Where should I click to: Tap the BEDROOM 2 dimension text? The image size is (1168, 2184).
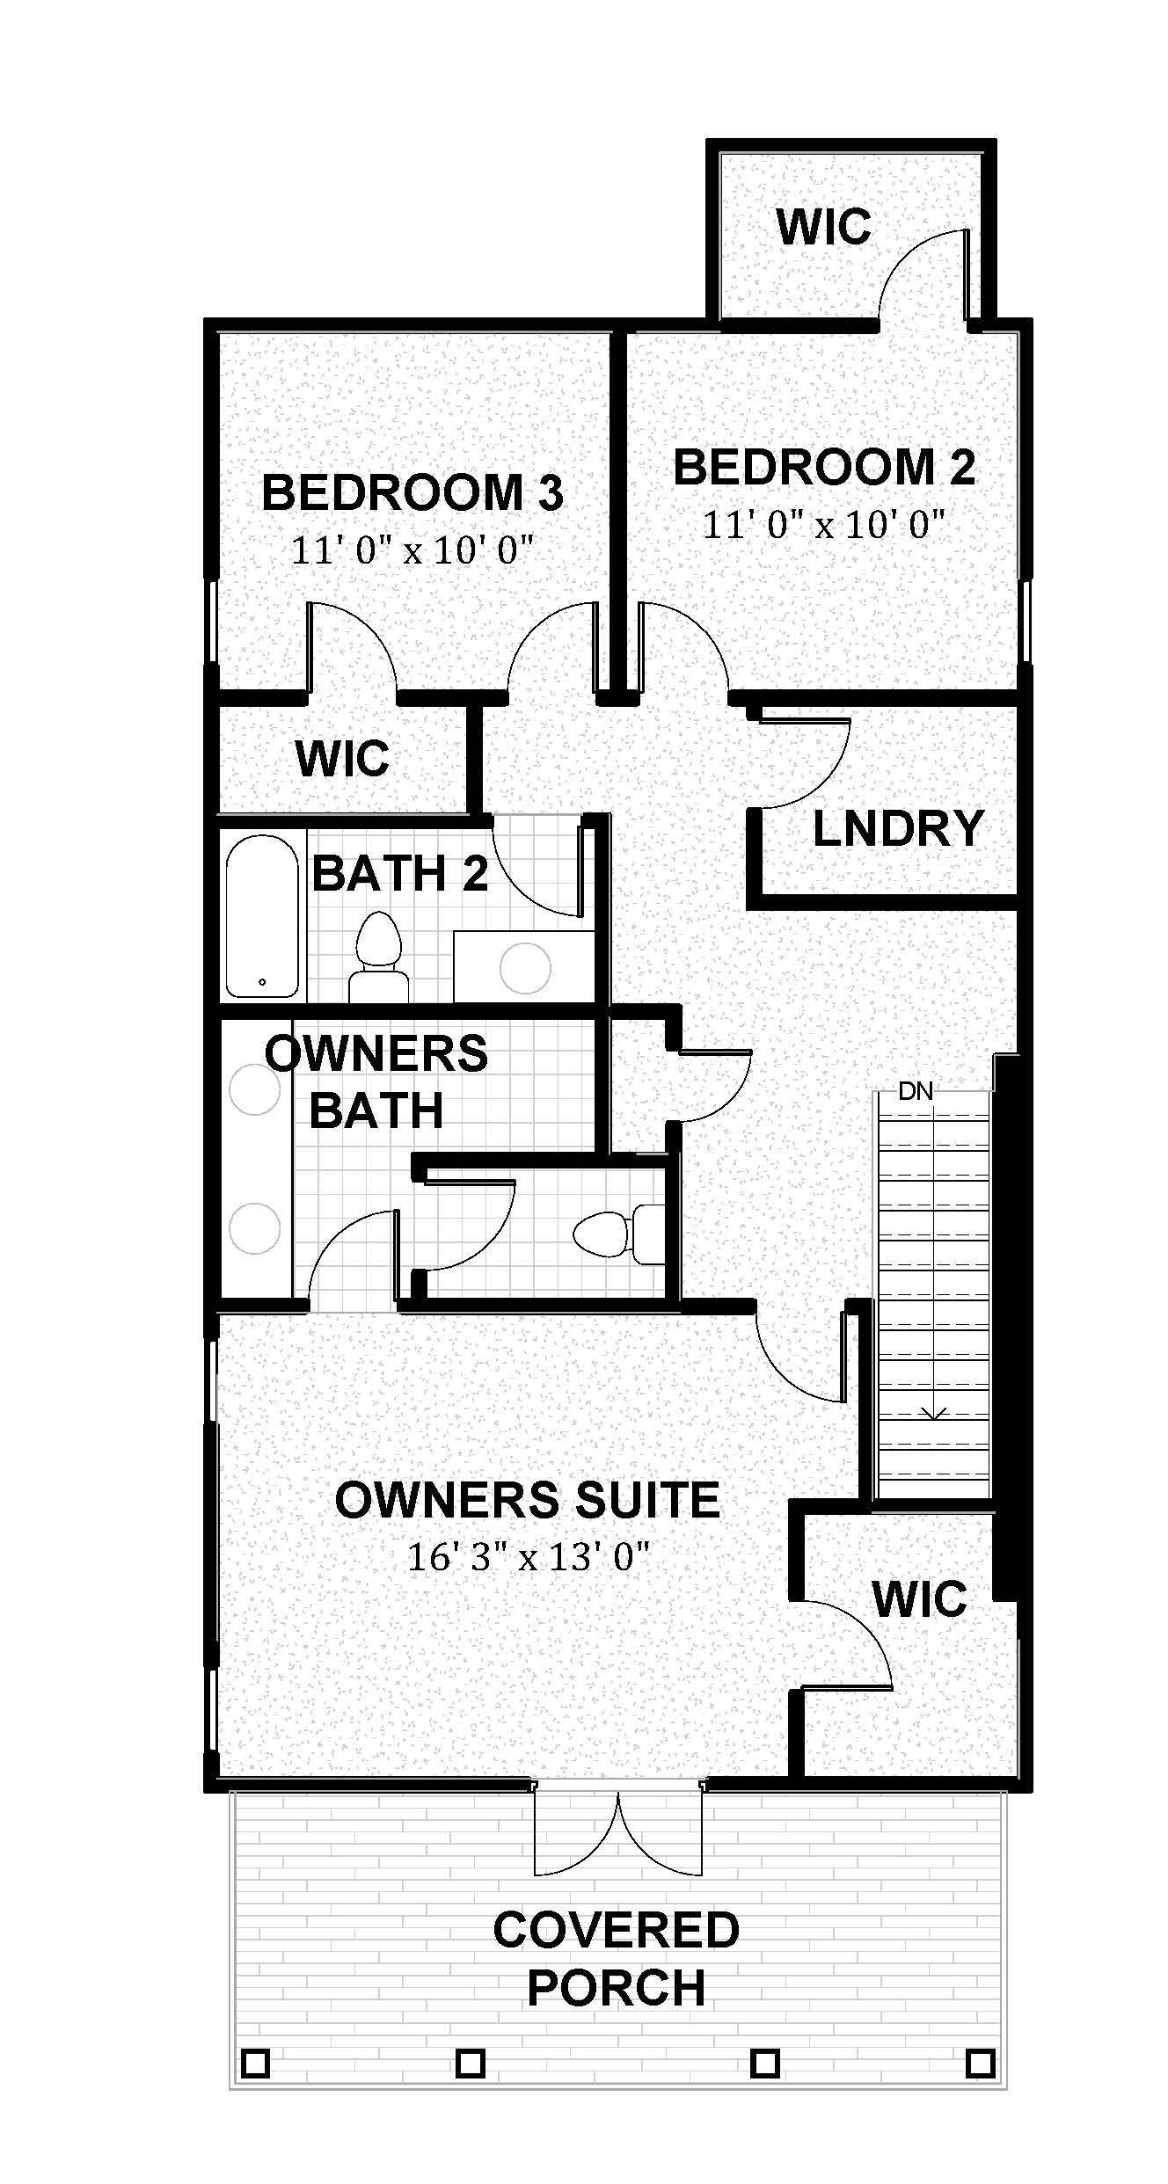[823, 526]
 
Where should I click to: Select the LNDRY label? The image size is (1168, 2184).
[897, 828]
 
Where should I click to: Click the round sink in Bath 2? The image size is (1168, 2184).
[525, 968]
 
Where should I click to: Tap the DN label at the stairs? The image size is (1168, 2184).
[916, 1092]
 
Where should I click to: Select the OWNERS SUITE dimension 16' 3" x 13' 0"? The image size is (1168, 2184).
[528, 1558]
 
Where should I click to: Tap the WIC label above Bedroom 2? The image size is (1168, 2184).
[823, 227]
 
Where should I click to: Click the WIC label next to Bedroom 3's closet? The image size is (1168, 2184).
[342, 759]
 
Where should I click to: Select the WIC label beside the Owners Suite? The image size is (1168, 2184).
[919, 1598]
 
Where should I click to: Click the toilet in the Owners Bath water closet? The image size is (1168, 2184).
[610, 1234]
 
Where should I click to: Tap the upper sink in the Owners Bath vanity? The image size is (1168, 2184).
[254, 1090]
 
